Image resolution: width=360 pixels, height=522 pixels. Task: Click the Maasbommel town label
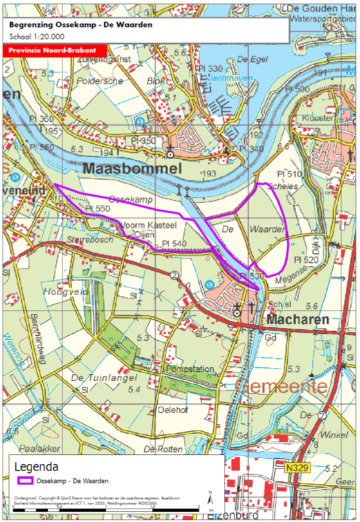coord(133,169)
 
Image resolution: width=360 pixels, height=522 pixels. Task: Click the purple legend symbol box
coord(24,480)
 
